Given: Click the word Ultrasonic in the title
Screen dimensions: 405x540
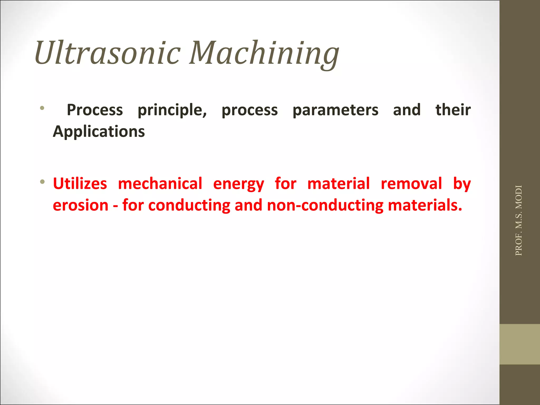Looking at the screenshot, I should click(x=108, y=53).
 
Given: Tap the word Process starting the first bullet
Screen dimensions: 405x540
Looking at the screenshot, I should click(x=95, y=110).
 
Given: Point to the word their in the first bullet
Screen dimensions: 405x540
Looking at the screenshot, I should click(x=453, y=110).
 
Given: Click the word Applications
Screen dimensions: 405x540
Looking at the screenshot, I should click(x=99, y=132).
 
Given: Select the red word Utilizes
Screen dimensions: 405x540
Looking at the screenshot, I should click(x=80, y=184).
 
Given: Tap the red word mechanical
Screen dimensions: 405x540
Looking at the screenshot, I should click(x=160, y=184).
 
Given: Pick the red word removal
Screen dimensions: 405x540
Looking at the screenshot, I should click(x=411, y=184).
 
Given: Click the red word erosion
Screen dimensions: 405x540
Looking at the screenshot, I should click(x=81, y=206).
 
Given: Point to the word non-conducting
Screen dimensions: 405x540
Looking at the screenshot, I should click(x=325, y=206).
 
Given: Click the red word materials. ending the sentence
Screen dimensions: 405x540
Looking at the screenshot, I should click(x=425, y=206).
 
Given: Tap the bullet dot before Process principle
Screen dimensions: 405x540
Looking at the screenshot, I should click(x=42, y=108).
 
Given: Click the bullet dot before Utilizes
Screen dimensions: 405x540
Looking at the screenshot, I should click(x=42, y=182).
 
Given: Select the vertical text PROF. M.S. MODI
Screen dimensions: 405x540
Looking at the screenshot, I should click(x=518, y=220).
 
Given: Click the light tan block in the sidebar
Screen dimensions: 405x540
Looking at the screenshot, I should click(x=519, y=344).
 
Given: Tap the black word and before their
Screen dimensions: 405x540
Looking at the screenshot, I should click(x=407, y=110).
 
